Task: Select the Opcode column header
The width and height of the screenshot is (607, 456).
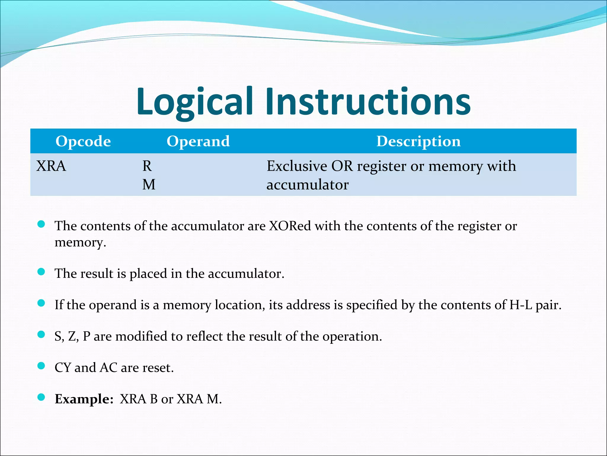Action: coord(83,141)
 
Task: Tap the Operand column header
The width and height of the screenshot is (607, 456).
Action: coord(198,141)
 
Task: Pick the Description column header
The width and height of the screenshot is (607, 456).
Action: coord(418,141)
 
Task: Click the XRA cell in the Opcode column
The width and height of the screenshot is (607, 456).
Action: coord(51,166)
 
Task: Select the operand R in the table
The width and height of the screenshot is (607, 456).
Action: coord(147,166)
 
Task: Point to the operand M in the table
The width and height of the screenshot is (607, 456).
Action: coord(149,185)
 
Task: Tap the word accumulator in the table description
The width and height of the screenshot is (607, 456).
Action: coord(307,185)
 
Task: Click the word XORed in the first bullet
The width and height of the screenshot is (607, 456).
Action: coord(290,226)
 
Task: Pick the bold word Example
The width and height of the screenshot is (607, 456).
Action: coord(84,399)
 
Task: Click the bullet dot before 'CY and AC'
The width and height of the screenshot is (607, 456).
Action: coord(41,366)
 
